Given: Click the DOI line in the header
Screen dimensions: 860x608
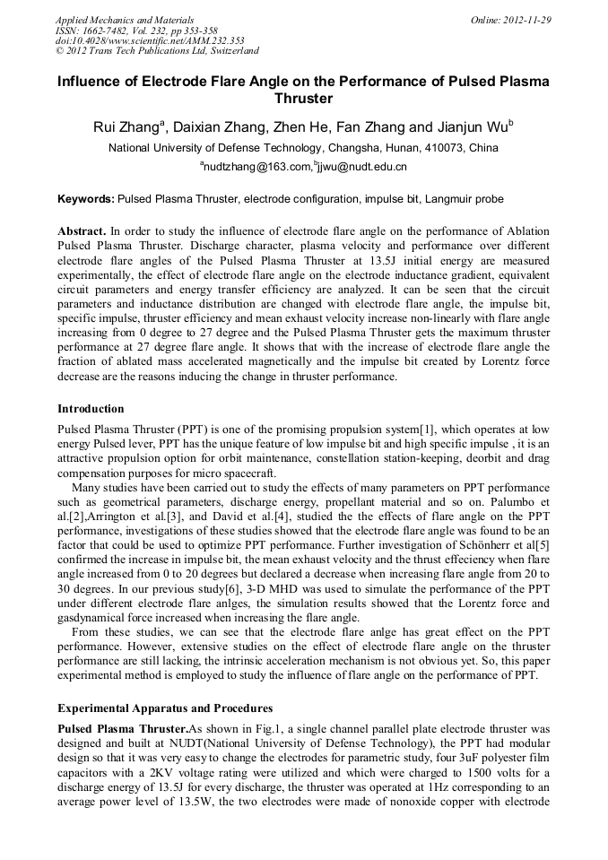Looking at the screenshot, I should click(151, 40).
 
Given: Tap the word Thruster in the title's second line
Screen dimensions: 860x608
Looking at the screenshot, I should click(303, 99).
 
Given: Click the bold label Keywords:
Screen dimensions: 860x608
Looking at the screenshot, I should click(86, 198).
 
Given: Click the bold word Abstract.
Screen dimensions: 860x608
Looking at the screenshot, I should click(83, 230).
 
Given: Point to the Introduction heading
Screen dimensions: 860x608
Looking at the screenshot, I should click(91, 408).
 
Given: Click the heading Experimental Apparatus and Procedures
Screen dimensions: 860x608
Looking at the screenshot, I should click(164, 708).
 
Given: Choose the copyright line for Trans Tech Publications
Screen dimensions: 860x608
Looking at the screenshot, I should click(157, 51).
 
